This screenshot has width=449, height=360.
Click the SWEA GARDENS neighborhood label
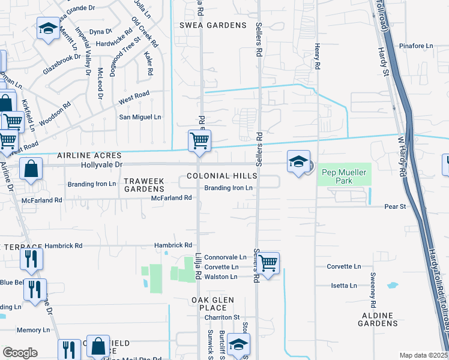click(213, 25)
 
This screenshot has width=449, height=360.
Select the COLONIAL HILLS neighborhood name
click(221, 176)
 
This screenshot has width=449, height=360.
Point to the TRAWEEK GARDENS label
click(143, 185)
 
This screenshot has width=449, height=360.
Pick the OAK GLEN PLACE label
click(212, 304)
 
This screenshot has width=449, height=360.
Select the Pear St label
click(395, 206)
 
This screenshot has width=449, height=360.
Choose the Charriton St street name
click(220, 317)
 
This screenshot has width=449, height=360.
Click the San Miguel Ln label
click(140, 117)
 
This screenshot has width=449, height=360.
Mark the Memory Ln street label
click(33, 330)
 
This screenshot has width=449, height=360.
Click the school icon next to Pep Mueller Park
click(298, 162)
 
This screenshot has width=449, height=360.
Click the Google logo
click(20, 353)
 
